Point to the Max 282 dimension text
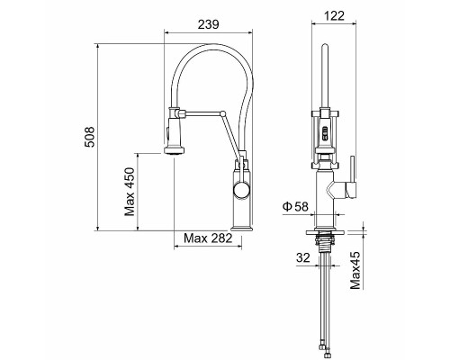[208, 238]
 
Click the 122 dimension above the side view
[336, 17]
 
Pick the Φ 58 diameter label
[296, 207]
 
